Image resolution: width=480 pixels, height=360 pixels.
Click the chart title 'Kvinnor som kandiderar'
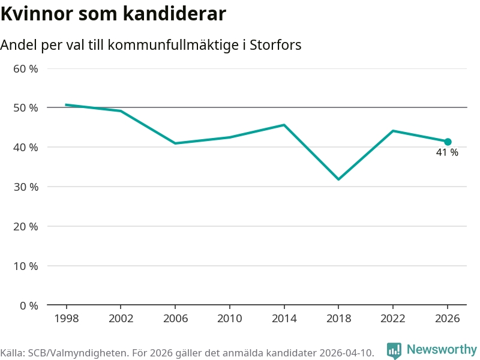113,14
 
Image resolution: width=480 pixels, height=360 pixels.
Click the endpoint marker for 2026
448,142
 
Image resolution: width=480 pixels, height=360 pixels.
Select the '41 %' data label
447,153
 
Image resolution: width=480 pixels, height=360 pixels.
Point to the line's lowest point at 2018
338,179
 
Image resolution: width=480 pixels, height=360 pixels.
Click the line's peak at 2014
284,125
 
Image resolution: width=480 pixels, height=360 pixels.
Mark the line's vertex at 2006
175,143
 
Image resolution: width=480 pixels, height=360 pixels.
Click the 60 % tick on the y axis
25,68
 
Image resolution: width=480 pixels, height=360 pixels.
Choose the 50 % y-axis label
25,108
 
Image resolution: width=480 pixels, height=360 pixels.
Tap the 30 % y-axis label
25,187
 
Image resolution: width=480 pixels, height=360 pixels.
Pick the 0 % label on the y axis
28,305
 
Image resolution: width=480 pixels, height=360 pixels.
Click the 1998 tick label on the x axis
66,319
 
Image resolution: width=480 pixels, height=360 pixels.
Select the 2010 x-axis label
229,319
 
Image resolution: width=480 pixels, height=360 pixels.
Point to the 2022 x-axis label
393,319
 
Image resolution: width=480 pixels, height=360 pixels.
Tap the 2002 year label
121,319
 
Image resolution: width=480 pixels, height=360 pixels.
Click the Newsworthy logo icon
394,350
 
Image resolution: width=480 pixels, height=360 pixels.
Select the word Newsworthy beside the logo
442,349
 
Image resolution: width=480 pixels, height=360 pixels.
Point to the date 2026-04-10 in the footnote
343,353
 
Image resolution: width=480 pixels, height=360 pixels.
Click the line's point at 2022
393,131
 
